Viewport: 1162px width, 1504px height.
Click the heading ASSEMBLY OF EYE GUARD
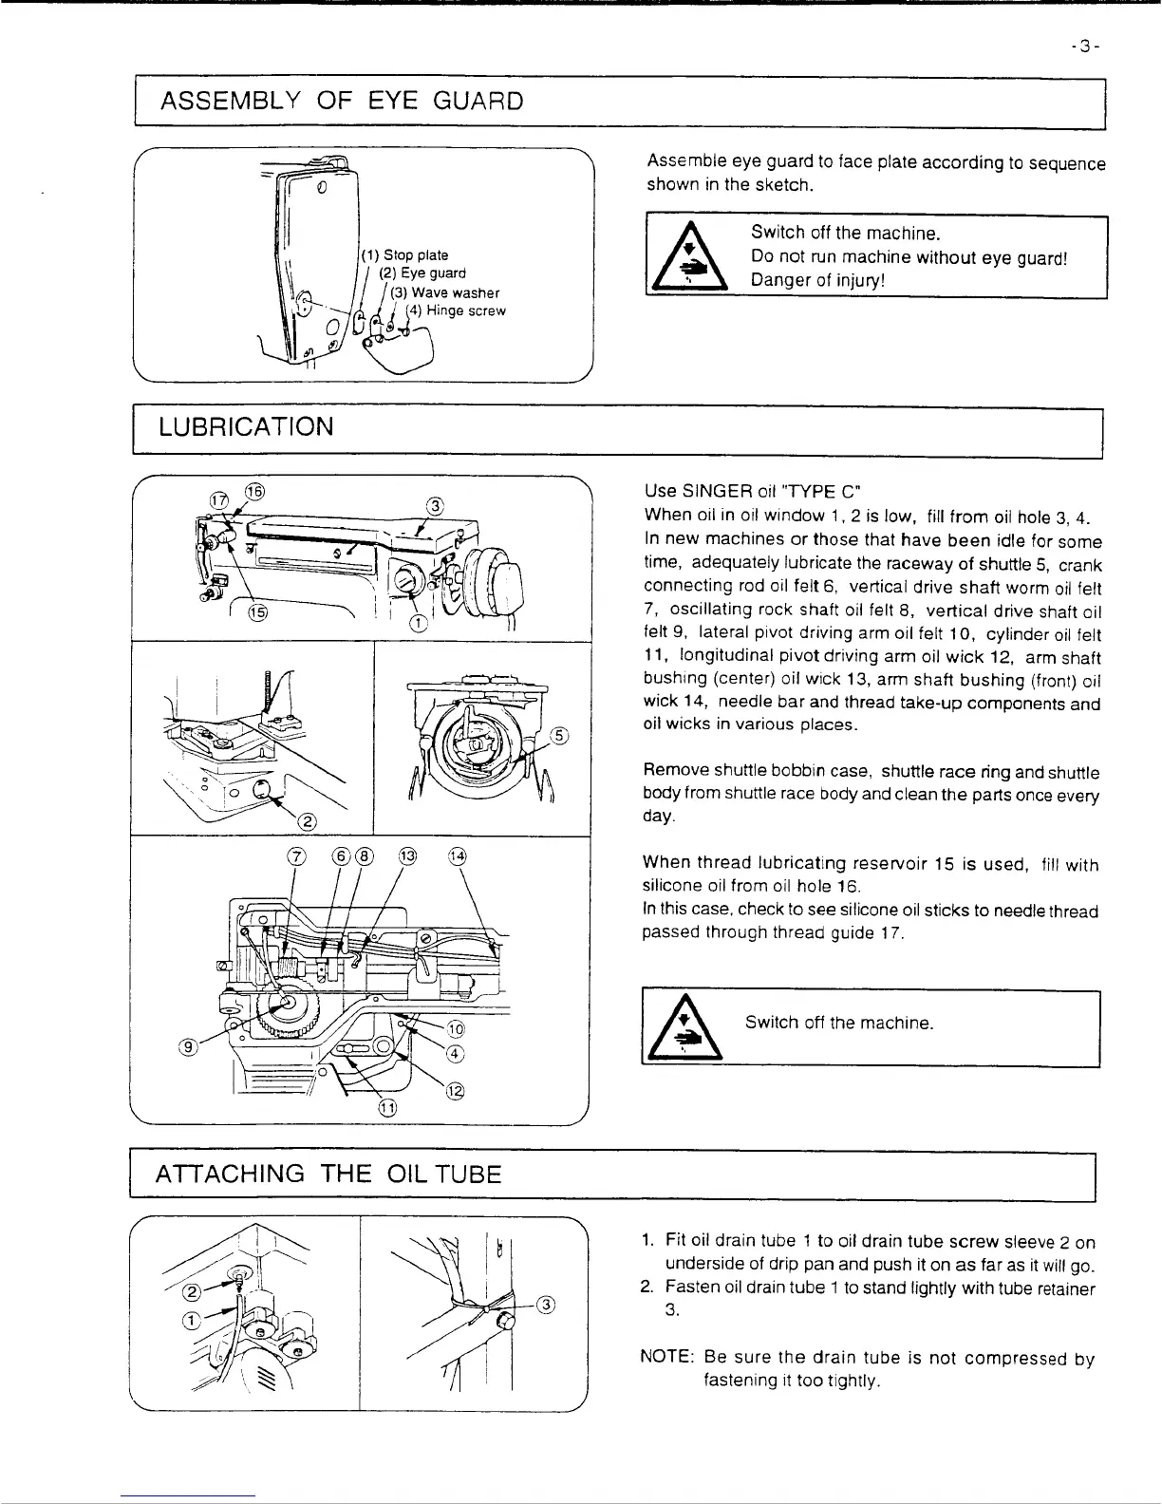point(342,100)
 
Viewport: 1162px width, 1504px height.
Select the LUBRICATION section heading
point(246,426)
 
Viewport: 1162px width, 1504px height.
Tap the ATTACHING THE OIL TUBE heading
point(328,1174)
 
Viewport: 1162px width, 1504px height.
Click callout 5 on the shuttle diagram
point(561,735)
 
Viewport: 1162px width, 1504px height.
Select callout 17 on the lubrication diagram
point(218,499)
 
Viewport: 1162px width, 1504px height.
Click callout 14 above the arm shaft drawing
point(458,855)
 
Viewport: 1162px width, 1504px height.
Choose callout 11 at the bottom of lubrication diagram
point(387,1107)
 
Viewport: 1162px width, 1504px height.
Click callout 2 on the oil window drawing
point(308,821)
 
